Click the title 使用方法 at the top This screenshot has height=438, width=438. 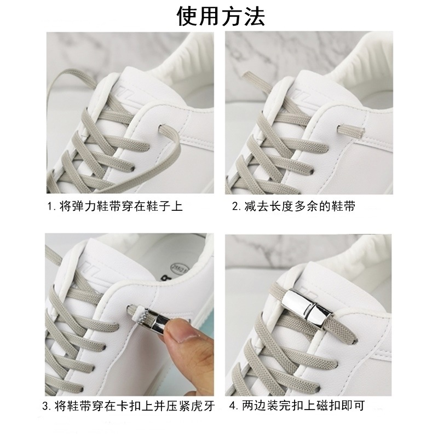pyautogui.click(x=221, y=17)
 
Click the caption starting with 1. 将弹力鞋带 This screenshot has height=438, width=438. pyautogui.click(x=115, y=206)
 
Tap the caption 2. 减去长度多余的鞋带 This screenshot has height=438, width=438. pyautogui.click(x=293, y=206)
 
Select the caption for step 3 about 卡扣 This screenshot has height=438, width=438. pyautogui.click(x=129, y=406)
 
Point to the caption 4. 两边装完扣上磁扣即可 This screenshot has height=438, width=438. pyautogui.click(x=297, y=406)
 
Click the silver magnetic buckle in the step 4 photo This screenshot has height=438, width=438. pyautogui.click(x=307, y=309)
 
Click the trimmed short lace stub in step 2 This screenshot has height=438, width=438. pyautogui.click(x=351, y=130)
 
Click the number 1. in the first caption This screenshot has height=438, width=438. pyautogui.click(x=51, y=207)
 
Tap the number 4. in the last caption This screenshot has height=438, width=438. pyautogui.click(x=234, y=406)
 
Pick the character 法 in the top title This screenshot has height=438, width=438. pyautogui.click(x=254, y=17)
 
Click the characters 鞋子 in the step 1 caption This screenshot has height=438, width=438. pyautogui.click(x=158, y=206)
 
